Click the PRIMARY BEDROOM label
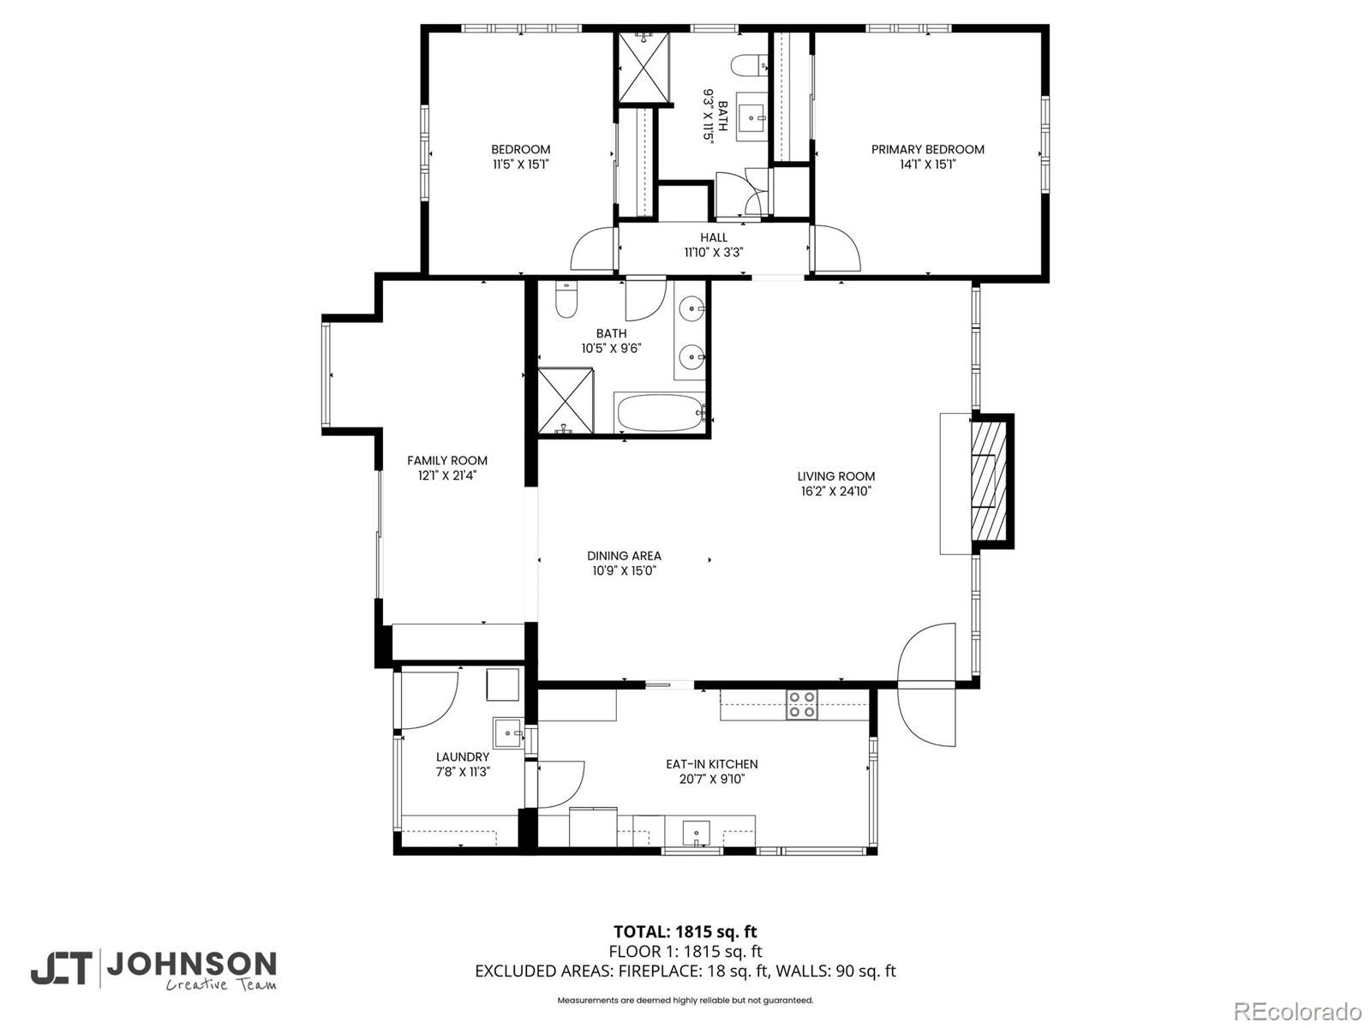point(927,149)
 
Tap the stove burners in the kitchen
point(802,704)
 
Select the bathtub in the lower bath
point(658,414)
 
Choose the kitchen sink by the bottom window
point(696,832)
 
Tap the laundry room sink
point(507,733)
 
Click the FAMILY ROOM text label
point(447,461)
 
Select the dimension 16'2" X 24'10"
point(835,492)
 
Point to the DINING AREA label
point(624,556)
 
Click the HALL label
point(713,237)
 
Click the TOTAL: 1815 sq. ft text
point(685,931)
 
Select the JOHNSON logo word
point(190,965)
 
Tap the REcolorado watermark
point(1297,1010)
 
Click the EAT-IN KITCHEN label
point(711,764)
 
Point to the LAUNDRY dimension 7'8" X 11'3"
point(462,772)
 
